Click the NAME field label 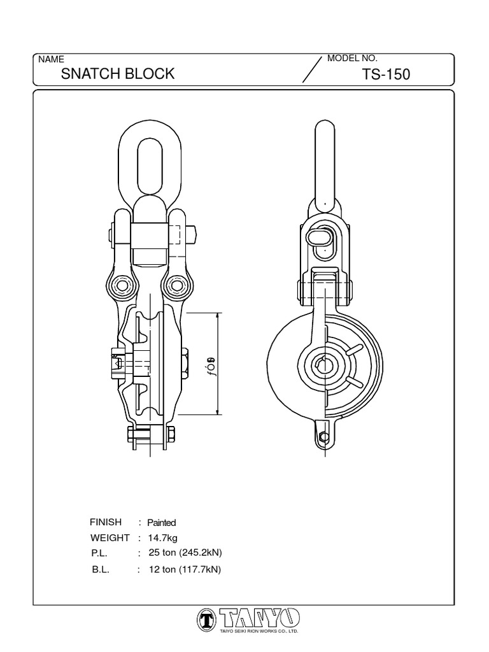click(52, 59)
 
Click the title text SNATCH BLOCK click(117, 74)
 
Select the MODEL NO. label click(352, 59)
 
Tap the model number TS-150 click(386, 74)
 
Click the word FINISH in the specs click(106, 522)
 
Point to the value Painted click(161, 523)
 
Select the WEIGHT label click(110, 538)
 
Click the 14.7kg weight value click(162, 538)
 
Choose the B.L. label click(101, 570)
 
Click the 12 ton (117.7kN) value click(184, 570)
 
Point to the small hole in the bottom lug click(324, 437)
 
